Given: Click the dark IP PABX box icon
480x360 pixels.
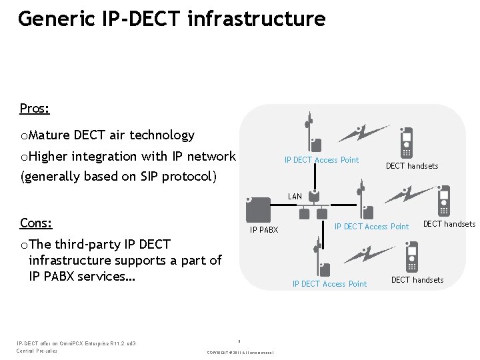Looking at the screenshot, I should (257, 209).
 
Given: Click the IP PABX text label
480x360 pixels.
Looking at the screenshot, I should (263, 230).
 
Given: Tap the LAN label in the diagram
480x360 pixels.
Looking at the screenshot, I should (295, 197).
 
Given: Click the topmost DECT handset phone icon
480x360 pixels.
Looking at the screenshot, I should (406, 141).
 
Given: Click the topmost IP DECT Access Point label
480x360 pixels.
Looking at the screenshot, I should (321, 160).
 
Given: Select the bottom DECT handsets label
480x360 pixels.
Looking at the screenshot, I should (417, 280).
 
